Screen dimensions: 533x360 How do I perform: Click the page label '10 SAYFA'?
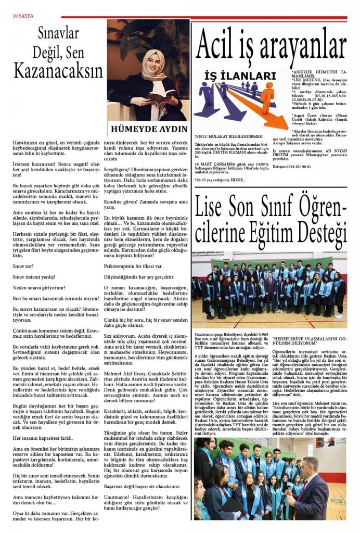23,16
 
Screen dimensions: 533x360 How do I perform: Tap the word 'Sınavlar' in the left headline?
58,34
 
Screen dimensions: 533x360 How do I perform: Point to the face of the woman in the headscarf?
152,61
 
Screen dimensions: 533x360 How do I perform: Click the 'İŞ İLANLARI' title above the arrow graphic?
240,76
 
